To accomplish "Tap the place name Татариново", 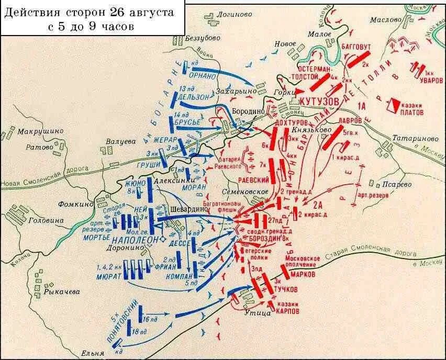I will [411, 139].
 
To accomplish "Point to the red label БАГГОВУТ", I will [356, 47].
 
